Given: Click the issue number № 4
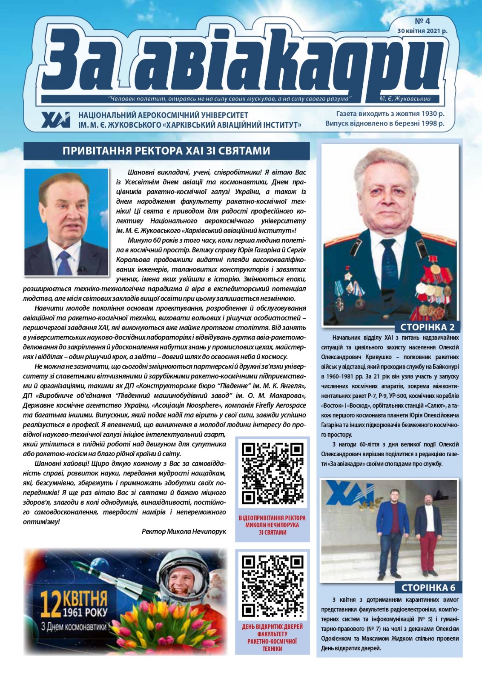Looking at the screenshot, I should pos(422,21).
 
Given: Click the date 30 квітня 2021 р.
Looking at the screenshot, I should pos(422,31).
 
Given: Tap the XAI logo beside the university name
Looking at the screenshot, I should pos(56,120).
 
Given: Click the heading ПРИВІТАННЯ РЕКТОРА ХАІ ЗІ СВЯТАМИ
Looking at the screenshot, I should pos(166,151).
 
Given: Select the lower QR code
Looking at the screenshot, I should pos(273,585).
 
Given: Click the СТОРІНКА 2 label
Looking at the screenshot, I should pos(427,327).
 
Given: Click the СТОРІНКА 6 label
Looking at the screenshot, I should pos(428,588).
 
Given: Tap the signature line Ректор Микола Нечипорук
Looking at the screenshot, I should pos(184,531).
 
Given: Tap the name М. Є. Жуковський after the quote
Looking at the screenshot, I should pos(405,99).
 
